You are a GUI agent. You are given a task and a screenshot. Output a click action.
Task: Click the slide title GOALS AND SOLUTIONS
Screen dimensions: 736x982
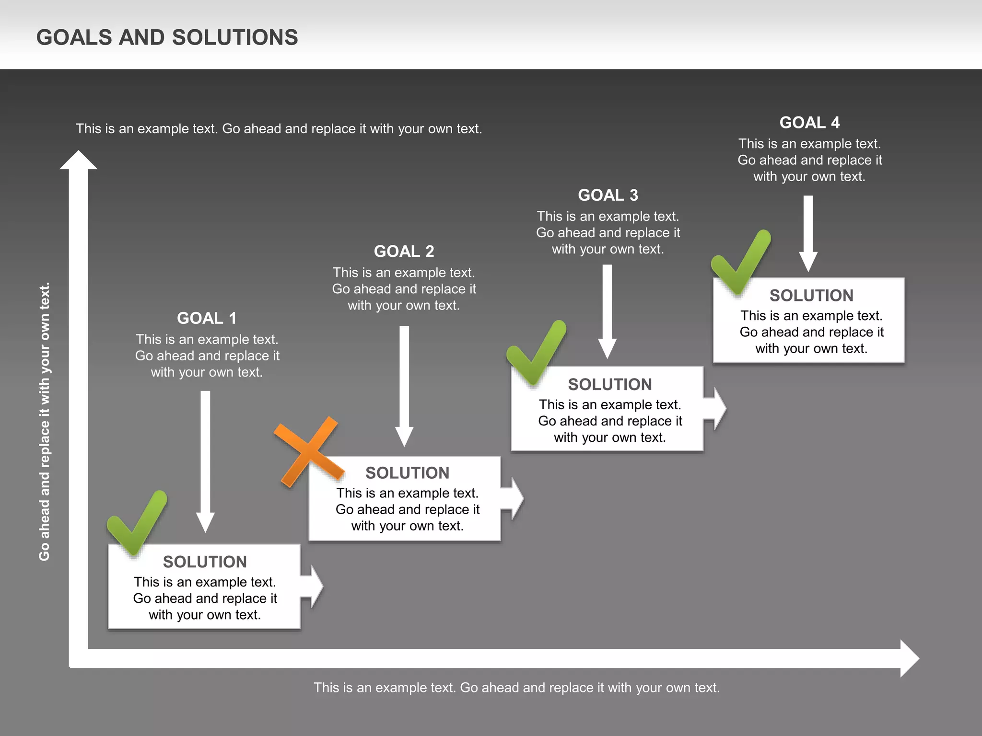coord(167,37)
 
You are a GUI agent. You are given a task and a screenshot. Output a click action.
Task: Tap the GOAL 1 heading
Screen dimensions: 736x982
coord(207,318)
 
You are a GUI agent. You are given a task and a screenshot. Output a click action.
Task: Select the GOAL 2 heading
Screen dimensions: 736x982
coord(404,251)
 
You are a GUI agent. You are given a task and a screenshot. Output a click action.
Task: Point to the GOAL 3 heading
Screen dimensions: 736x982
coord(608,195)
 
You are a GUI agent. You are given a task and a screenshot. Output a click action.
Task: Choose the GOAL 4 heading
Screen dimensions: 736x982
coord(809,122)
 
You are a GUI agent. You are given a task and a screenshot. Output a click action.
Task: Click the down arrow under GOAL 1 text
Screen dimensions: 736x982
coord(205,460)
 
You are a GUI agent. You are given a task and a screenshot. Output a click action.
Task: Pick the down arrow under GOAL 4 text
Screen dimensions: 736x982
coord(808,233)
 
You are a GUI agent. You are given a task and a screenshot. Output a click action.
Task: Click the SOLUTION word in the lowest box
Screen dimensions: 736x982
coord(205,562)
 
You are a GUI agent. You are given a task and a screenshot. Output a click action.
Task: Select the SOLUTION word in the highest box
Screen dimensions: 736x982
coord(811,295)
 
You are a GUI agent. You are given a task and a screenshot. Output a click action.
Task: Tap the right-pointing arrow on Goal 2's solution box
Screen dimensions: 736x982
coord(514,498)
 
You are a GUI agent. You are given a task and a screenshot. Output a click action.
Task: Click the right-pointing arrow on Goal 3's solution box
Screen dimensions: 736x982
coord(716,409)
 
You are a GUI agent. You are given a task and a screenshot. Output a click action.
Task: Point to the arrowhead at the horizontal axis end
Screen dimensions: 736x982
coord(908,658)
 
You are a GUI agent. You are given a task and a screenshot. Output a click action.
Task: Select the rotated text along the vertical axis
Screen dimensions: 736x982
coord(44,422)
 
